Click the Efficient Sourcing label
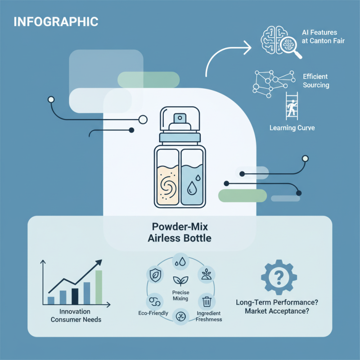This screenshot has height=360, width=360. point(315,81)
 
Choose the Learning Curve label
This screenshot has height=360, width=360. point(292,128)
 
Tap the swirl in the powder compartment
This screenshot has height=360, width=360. point(167,187)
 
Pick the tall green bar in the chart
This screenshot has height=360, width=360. point(99,288)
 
